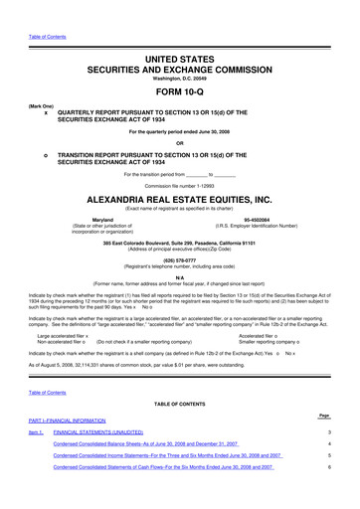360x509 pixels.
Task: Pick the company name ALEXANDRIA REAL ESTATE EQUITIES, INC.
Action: (x=179, y=200)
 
